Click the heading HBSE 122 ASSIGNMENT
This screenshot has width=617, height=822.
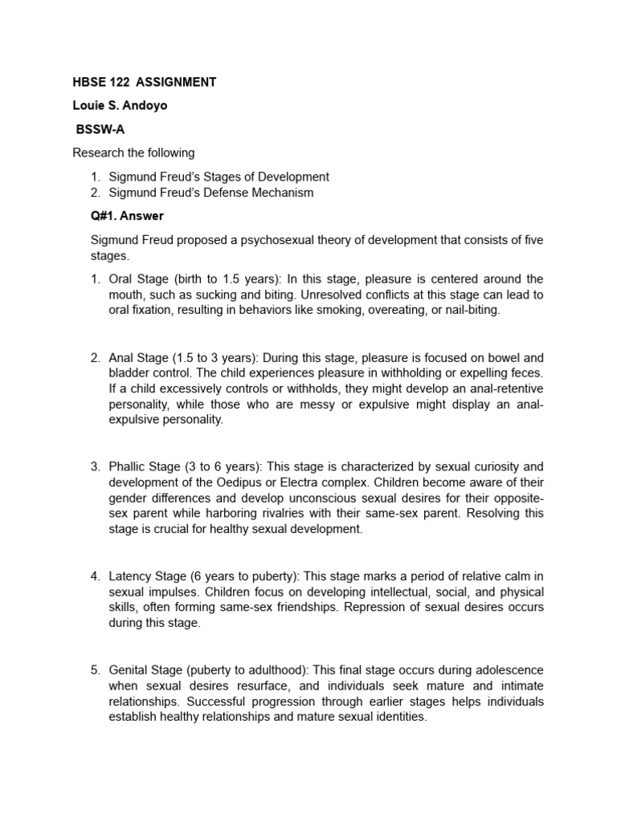pos(144,82)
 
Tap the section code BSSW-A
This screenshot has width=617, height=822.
pos(100,128)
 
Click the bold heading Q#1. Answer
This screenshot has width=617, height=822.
pos(129,216)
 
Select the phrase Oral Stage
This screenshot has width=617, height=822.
pos(137,279)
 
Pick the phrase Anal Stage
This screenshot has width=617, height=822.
pos(137,357)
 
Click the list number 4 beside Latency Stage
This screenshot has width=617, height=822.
pos(94,576)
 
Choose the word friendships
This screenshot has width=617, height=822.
pos(296,607)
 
